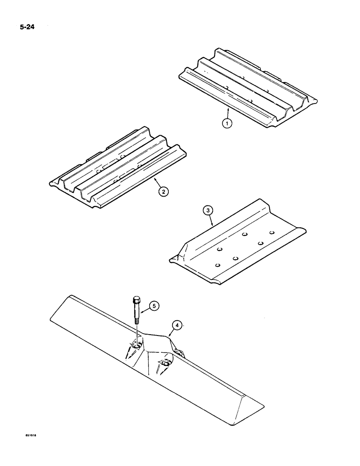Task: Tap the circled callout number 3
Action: click(x=209, y=211)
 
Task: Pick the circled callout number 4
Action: click(x=176, y=325)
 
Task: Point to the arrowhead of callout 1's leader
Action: click(x=228, y=109)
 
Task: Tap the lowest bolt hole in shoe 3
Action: click(x=218, y=265)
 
